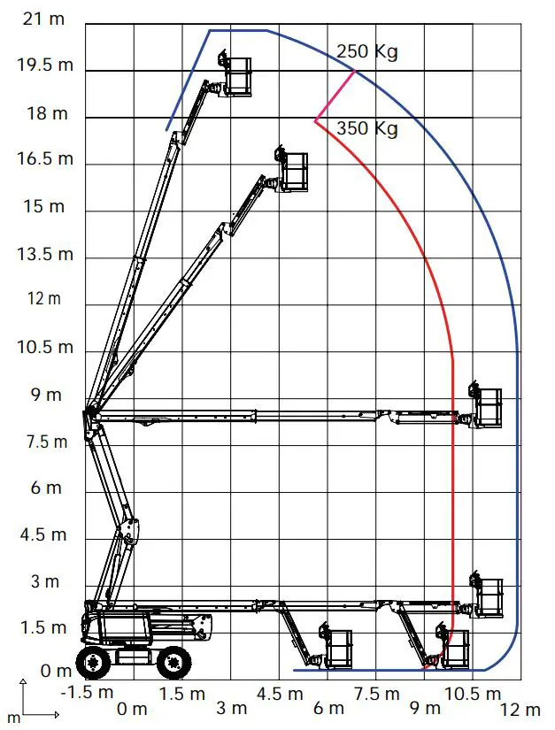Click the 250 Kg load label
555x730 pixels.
coord(367,51)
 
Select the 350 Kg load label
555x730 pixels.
coord(367,128)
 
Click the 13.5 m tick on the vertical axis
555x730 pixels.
coord(40,254)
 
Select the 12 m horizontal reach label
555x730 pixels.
coord(520,709)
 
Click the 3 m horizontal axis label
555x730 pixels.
coord(232,708)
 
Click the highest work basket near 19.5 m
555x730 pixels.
coord(236,75)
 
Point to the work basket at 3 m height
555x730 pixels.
coord(488,598)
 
